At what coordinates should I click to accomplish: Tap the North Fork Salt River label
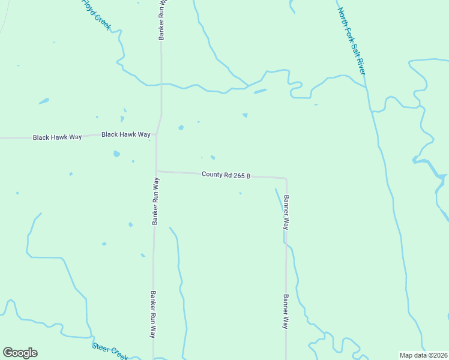(x=351, y=40)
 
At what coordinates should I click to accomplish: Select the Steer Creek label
(x=110, y=351)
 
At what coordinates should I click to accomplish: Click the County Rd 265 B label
(x=226, y=175)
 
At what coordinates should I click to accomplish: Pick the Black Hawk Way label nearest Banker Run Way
(x=126, y=134)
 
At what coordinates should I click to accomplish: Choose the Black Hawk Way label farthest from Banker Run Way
(x=57, y=137)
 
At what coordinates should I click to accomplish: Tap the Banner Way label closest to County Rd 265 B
(x=286, y=212)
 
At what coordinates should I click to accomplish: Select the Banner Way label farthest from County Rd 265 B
(x=286, y=310)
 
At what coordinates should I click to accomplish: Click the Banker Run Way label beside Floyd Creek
(x=161, y=20)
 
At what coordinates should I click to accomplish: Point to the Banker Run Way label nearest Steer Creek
(x=152, y=315)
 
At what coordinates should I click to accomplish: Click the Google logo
(x=20, y=353)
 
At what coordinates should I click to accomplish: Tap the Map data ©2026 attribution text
(x=423, y=355)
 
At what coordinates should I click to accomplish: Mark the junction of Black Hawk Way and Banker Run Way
(x=157, y=134)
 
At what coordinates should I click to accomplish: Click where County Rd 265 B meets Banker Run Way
(x=157, y=171)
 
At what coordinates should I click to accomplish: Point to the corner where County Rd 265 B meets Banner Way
(x=285, y=178)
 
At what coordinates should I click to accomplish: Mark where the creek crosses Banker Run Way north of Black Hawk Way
(x=161, y=85)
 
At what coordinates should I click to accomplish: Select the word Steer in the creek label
(x=101, y=347)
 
